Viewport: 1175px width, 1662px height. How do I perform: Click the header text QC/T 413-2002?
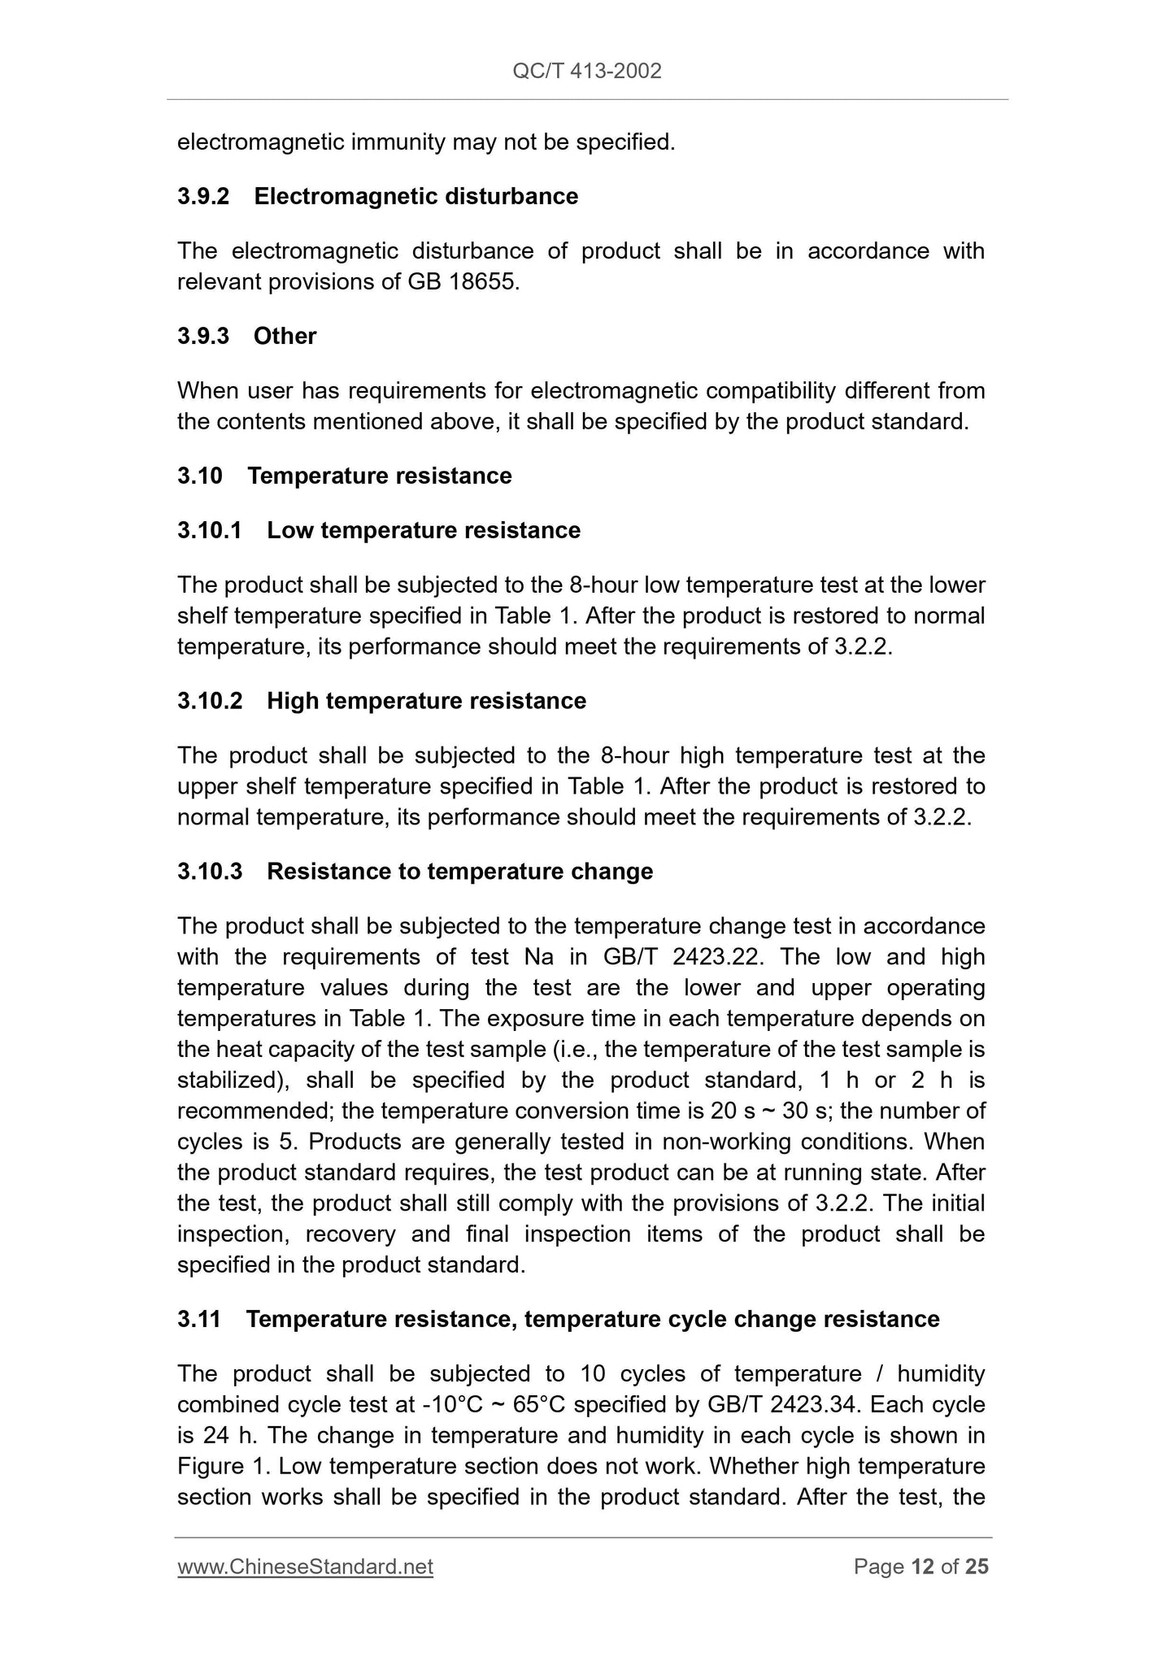click(587, 72)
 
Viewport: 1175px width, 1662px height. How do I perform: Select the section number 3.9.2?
click(203, 197)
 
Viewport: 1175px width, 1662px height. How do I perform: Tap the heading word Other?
click(285, 336)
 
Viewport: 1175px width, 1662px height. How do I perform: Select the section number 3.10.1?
click(210, 530)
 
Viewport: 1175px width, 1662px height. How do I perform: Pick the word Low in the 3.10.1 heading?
click(288, 530)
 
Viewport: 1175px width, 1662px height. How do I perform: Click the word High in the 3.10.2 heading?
click(290, 701)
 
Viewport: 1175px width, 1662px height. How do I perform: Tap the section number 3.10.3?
click(210, 872)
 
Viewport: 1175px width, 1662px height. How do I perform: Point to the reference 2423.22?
click(718, 957)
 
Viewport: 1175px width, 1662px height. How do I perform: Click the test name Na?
click(539, 957)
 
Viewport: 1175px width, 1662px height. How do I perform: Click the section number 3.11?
click(199, 1319)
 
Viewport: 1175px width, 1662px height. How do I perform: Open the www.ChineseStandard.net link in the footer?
click(305, 1567)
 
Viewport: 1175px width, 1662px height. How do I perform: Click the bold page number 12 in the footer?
click(922, 1567)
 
